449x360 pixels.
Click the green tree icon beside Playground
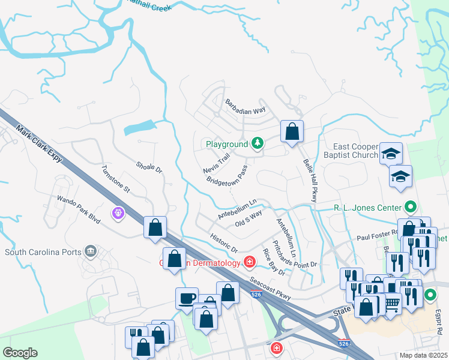[x=258, y=143]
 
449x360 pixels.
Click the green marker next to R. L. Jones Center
[x=411, y=208]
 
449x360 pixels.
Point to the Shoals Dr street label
[x=149, y=167]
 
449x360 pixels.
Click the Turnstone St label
[x=115, y=179]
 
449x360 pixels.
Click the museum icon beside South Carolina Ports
[x=91, y=250]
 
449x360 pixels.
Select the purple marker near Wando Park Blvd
[x=118, y=212]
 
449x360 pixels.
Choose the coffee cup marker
[x=187, y=298]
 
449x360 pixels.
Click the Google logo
[x=20, y=353]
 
